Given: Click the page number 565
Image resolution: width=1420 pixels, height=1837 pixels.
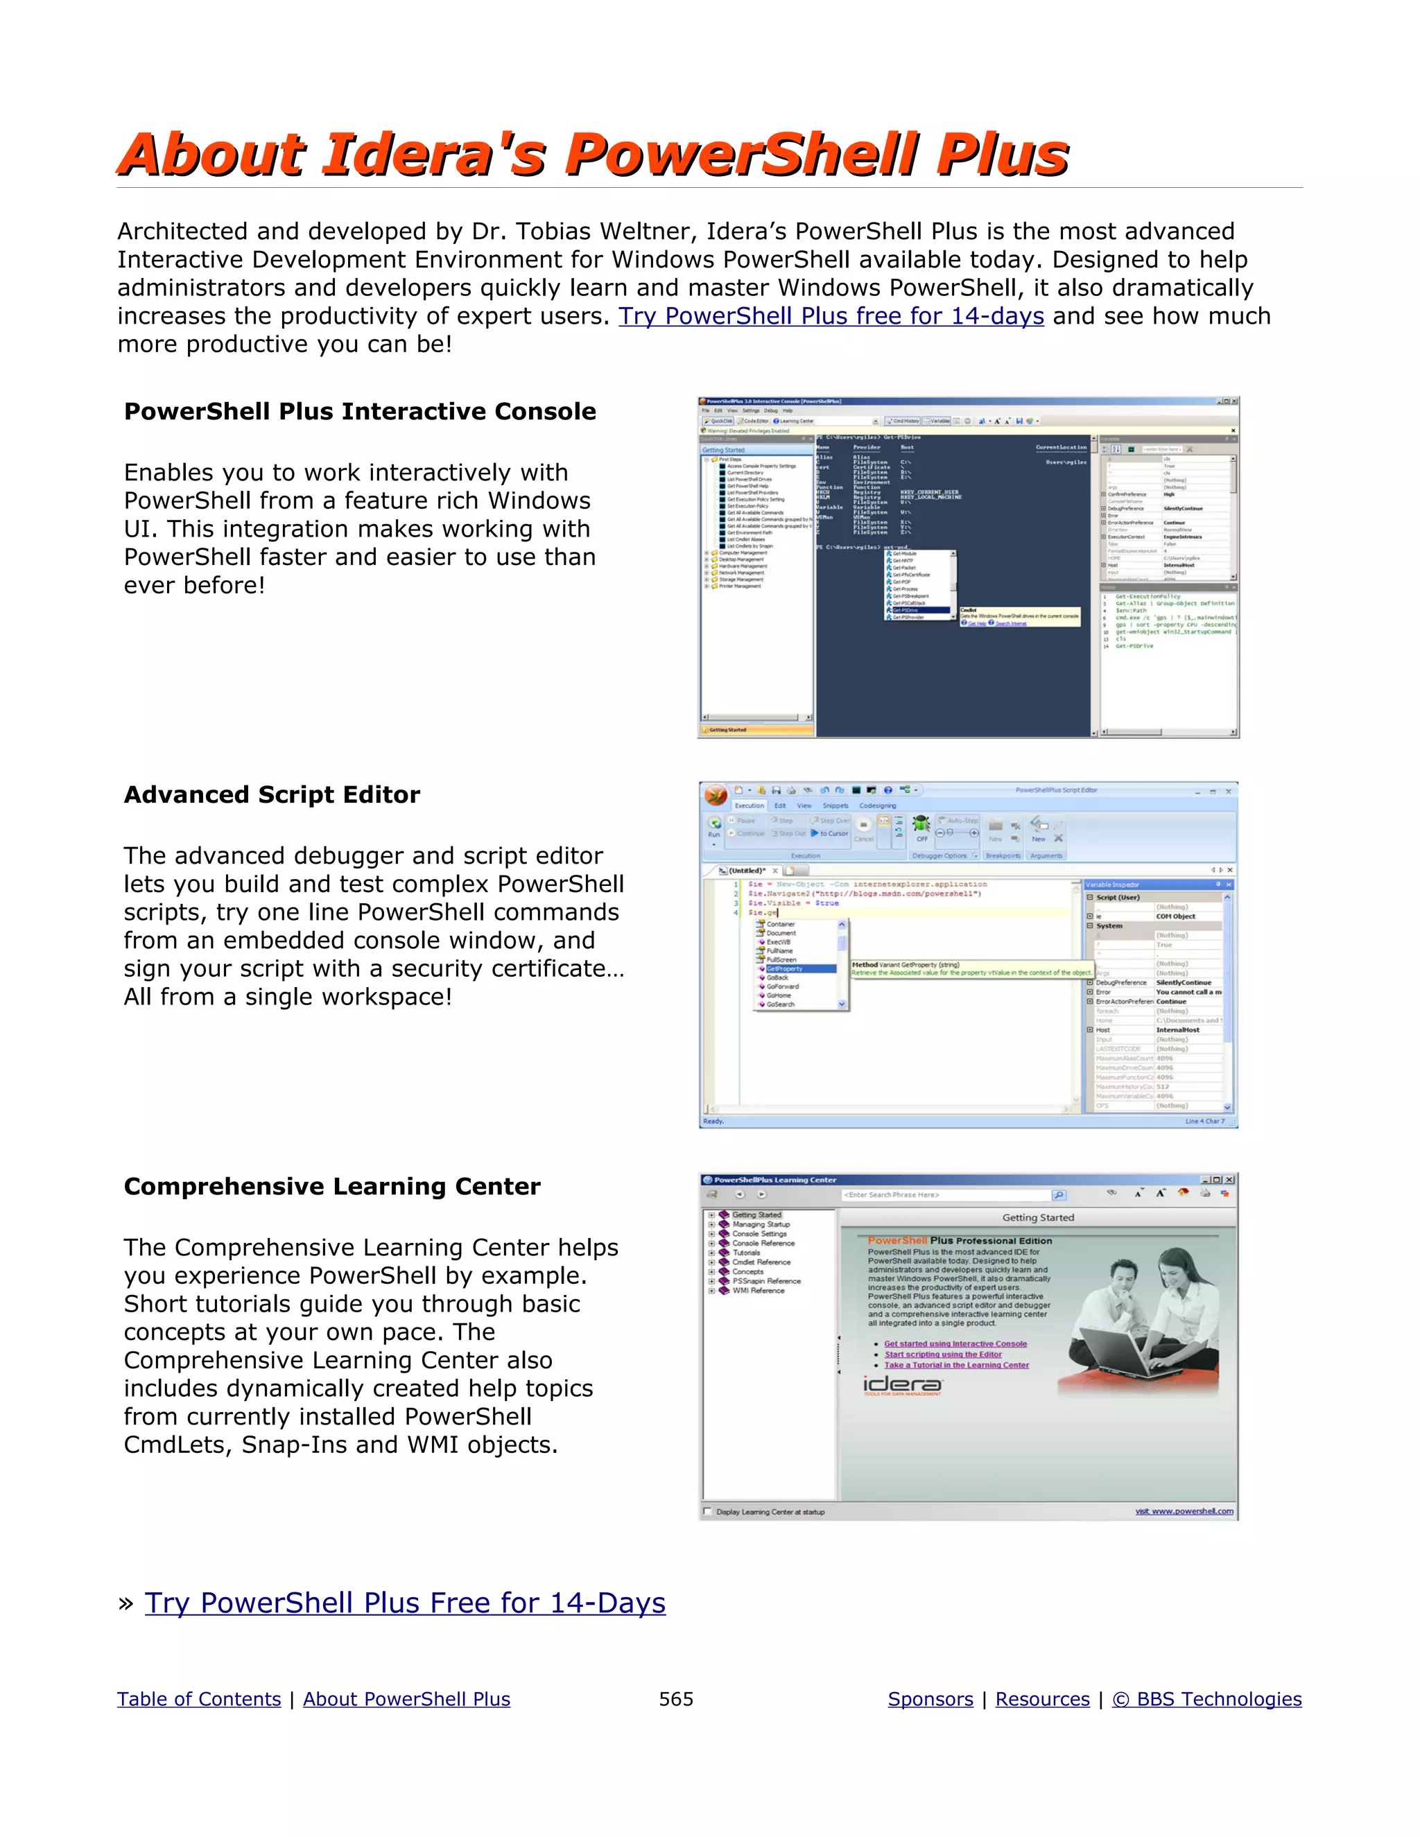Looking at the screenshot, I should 675,1698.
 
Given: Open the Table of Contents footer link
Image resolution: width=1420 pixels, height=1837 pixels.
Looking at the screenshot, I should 198,1698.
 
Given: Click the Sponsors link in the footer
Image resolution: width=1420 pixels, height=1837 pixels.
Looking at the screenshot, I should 930,1698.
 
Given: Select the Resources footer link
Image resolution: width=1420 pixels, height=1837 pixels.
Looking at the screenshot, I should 1041,1698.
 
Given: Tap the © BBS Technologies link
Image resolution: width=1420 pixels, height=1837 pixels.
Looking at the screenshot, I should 1206,1698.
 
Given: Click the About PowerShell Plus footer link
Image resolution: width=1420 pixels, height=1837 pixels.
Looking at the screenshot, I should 406,1698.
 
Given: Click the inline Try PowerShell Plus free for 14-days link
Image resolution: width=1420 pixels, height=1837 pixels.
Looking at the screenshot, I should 831,316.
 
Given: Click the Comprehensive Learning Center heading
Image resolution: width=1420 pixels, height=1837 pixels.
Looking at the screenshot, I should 331,1186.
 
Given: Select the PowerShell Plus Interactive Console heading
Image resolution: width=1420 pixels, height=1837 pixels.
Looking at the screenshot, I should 359,411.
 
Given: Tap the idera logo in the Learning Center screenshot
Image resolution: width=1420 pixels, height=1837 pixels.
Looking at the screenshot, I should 902,1384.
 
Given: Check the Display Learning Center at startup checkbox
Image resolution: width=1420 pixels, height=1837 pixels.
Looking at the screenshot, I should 707,1510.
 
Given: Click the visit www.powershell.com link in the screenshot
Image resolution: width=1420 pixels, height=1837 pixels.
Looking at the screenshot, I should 1184,1510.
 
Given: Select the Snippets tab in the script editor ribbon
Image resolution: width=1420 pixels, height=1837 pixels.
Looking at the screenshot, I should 835,806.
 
